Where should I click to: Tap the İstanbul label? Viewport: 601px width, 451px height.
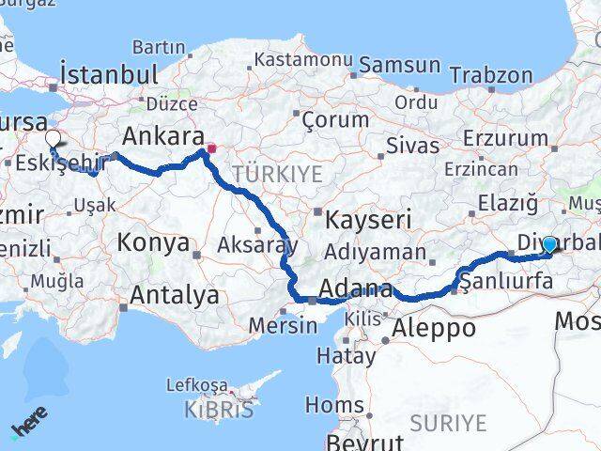107,73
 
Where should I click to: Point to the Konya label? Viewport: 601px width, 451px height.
153,243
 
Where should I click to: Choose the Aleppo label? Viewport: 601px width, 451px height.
434,328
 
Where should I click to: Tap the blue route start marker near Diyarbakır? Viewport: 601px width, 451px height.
549,244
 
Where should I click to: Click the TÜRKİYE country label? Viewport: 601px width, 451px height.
277,174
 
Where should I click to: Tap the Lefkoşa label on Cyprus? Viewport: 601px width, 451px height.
196,384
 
